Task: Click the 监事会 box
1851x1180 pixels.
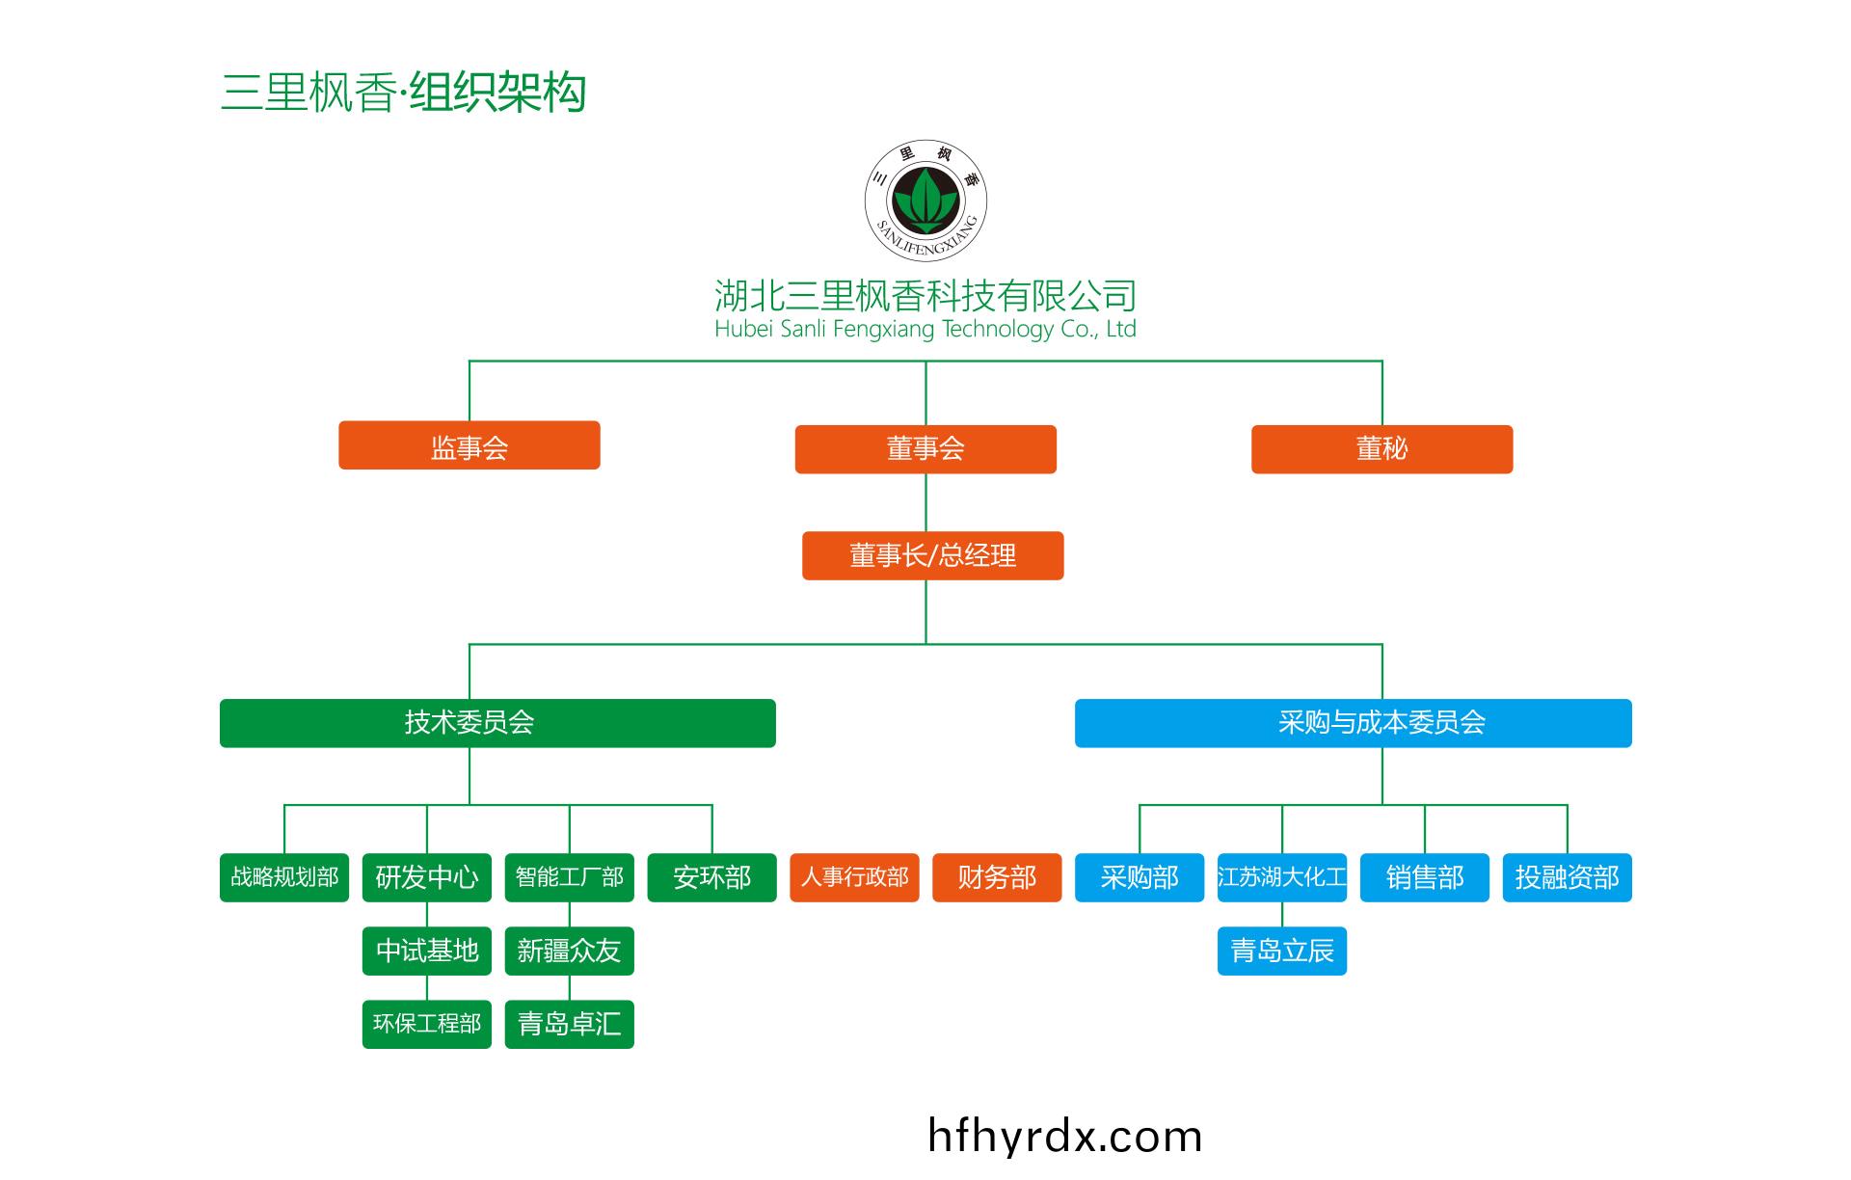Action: (x=469, y=445)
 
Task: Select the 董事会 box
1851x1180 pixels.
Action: (x=925, y=449)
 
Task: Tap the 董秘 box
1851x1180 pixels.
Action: (x=1382, y=449)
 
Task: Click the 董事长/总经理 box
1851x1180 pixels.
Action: (x=932, y=555)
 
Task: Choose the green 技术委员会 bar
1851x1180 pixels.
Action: (x=497, y=723)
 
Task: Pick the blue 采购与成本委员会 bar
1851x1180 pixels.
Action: (x=1353, y=723)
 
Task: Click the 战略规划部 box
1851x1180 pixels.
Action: (x=284, y=877)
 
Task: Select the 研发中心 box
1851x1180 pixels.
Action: (x=427, y=877)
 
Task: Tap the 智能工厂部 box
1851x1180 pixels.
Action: (x=569, y=877)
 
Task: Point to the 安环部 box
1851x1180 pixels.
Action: (x=711, y=877)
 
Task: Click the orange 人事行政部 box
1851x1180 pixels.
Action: (x=854, y=877)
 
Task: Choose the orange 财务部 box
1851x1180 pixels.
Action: (x=997, y=877)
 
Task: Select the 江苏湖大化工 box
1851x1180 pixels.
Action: (x=1281, y=877)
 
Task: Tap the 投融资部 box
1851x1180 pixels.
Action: (x=1567, y=877)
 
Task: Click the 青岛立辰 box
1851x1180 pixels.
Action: (x=1281, y=952)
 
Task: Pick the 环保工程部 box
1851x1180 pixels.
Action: (x=427, y=1024)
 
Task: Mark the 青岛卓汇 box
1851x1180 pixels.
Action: (x=569, y=1024)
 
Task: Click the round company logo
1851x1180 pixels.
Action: (x=925, y=201)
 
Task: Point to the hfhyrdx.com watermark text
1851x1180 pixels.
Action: (x=1064, y=1137)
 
